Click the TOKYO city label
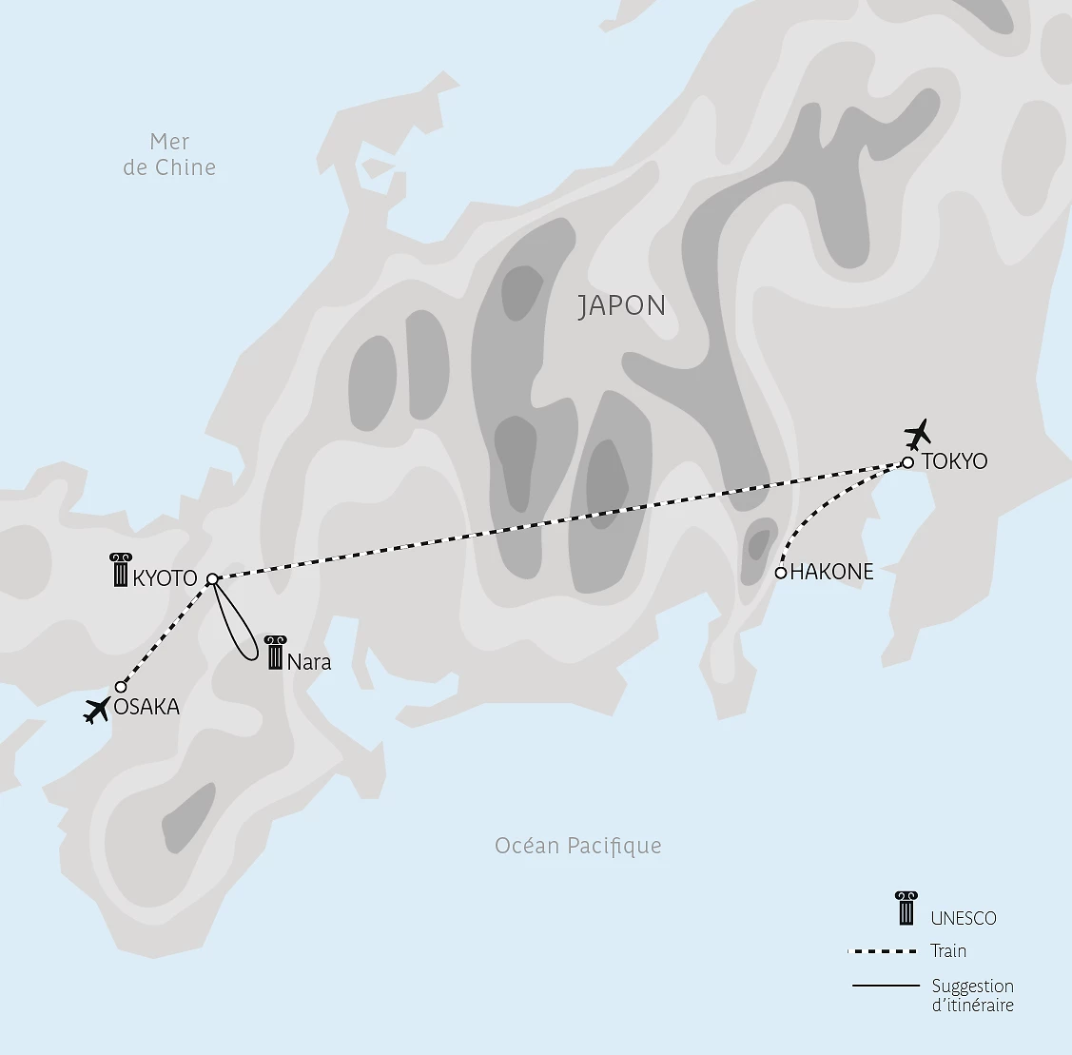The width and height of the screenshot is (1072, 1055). pyautogui.click(x=954, y=462)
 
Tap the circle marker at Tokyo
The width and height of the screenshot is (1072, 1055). pyautogui.click(x=907, y=462)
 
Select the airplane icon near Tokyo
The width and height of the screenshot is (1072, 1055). pyautogui.click(x=918, y=436)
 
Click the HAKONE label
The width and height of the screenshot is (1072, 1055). pyautogui.click(x=831, y=573)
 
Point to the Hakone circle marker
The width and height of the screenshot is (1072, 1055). pyautogui.click(x=781, y=573)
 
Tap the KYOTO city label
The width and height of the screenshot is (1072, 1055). pyautogui.click(x=166, y=578)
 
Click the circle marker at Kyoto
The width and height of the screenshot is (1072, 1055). pyautogui.click(x=212, y=578)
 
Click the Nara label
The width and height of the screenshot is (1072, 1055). pyautogui.click(x=308, y=662)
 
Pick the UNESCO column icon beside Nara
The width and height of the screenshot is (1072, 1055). pyautogui.click(x=275, y=654)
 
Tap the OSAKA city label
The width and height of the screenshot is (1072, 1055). pyautogui.click(x=146, y=707)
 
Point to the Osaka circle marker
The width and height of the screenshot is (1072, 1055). pyautogui.click(x=121, y=687)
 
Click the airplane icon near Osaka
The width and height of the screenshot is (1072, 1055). pyautogui.click(x=96, y=710)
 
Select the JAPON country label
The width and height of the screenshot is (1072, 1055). pyautogui.click(x=622, y=306)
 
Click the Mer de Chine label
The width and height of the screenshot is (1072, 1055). pyautogui.click(x=170, y=154)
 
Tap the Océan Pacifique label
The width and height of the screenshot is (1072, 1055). pyautogui.click(x=577, y=846)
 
